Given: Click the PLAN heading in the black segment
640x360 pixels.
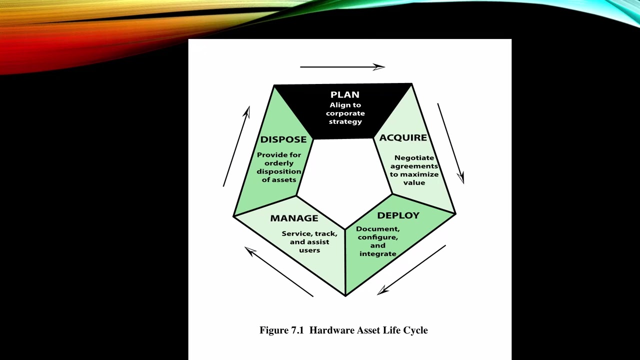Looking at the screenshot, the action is [345, 94].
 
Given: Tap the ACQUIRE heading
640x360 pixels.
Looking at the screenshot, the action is [403, 137].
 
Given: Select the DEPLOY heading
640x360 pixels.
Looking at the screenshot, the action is [398, 215].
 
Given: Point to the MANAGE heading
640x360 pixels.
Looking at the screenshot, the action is [294, 218].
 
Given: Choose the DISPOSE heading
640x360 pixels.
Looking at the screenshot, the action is [283, 139].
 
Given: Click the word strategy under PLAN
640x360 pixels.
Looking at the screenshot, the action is [345, 121].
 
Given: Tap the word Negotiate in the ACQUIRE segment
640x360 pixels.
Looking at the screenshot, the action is [414, 157].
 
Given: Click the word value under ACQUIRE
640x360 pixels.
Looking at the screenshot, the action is [414, 182].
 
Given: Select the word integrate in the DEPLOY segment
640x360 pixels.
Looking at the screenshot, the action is [377, 254].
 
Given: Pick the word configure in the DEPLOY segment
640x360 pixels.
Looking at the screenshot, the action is [377, 237].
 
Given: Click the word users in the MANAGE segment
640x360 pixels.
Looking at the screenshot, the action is [309, 250].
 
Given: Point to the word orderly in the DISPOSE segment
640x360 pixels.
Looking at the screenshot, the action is [279, 163].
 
